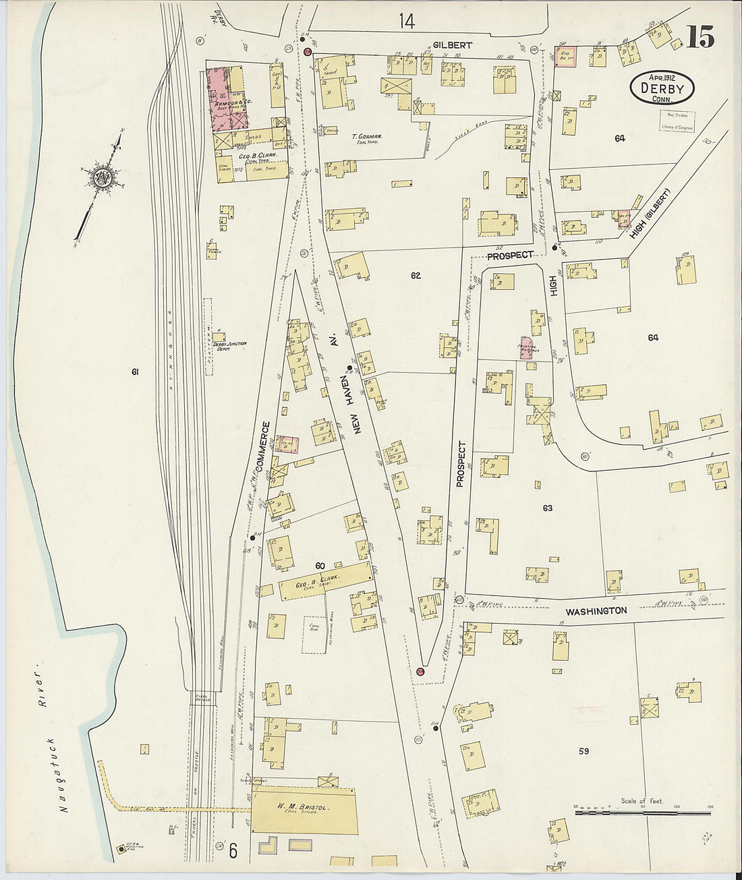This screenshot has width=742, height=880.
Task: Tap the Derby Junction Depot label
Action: [230, 346]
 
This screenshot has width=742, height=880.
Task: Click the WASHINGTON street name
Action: [596, 611]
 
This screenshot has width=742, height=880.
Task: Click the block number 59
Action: [583, 750]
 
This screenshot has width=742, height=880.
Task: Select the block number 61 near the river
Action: [135, 372]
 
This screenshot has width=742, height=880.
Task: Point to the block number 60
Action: [320, 565]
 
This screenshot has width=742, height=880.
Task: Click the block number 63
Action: [547, 508]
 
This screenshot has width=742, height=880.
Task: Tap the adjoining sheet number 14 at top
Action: [406, 22]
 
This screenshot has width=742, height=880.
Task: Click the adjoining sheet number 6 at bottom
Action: [233, 852]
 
